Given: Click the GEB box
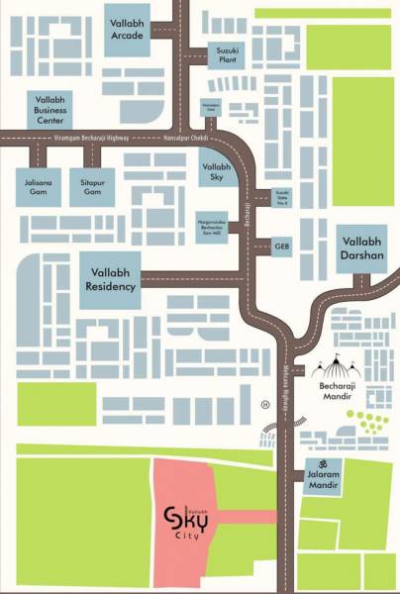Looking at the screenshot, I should click(x=281, y=244).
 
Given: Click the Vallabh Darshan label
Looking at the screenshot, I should click(x=361, y=247).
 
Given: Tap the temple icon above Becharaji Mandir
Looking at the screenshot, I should click(x=333, y=371).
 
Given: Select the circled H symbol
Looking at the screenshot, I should click(x=263, y=404).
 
